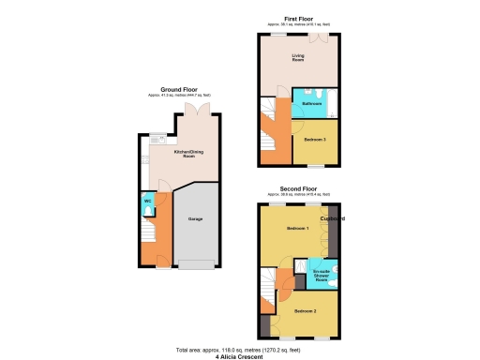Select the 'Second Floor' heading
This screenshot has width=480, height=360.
coord(298,189)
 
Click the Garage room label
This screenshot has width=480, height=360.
coord(196,218)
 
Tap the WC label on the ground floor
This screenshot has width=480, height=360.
coord(147,202)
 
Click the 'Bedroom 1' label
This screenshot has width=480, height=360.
coord(297,229)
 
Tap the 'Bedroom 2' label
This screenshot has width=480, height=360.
coord(305,310)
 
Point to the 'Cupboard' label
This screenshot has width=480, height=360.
coord(333,219)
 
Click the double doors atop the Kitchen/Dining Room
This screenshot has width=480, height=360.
coord(197,111)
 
